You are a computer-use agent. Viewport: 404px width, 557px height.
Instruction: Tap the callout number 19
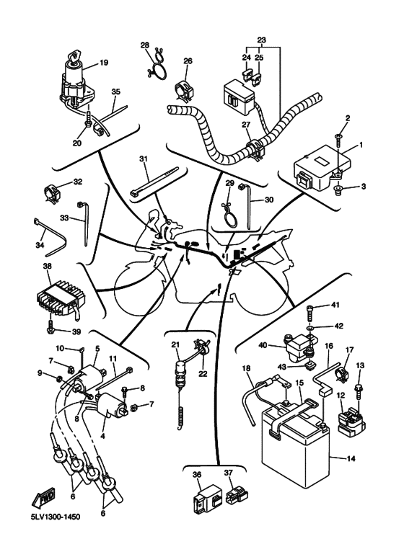click(x=103, y=63)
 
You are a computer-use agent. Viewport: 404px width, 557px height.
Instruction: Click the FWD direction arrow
click(x=43, y=496)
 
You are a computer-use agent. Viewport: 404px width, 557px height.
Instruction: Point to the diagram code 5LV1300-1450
click(x=55, y=516)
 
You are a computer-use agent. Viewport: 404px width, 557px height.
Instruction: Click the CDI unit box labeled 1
click(x=322, y=167)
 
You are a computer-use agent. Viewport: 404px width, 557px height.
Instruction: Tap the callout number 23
click(x=261, y=40)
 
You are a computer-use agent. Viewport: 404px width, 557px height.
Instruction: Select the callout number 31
click(x=144, y=159)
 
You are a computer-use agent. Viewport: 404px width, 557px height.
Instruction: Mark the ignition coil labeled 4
click(x=112, y=406)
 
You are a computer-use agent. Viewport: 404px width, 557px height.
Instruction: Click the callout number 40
click(x=263, y=345)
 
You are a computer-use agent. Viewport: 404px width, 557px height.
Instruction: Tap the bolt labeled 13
click(x=358, y=392)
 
